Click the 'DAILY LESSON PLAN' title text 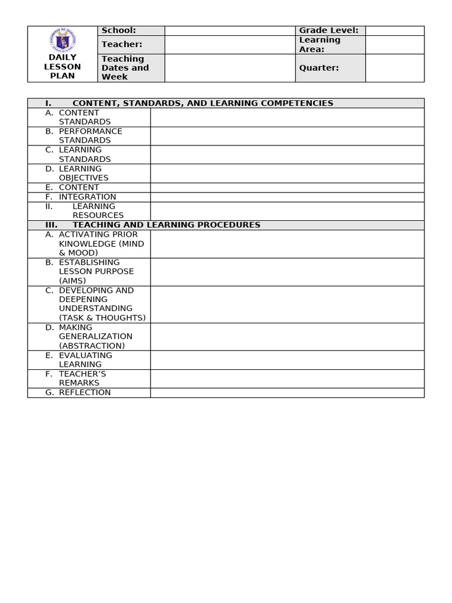pyautogui.click(x=62, y=67)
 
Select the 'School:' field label pyautogui.click(x=118, y=31)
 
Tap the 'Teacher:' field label pyautogui.click(x=122, y=45)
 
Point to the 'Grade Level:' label pyautogui.click(x=328, y=31)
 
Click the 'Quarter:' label pyautogui.click(x=319, y=68)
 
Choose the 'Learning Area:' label pyautogui.click(x=320, y=45)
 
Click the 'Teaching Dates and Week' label pyautogui.click(x=125, y=68)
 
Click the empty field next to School pyautogui.click(x=230, y=31)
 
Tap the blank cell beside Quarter pyautogui.click(x=394, y=68)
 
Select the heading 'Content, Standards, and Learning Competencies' pyautogui.click(x=202, y=104)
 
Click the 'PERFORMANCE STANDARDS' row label pyautogui.click(x=90, y=136)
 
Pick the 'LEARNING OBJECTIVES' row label pyautogui.click(x=83, y=173)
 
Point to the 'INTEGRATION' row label pyautogui.click(x=87, y=197)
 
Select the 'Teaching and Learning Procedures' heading pyautogui.click(x=166, y=225)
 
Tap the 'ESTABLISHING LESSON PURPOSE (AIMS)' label pyautogui.click(x=96, y=271)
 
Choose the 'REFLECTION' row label pyautogui.click(x=84, y=393)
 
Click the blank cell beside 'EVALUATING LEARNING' pyautogui.click(x=287, y=360)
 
